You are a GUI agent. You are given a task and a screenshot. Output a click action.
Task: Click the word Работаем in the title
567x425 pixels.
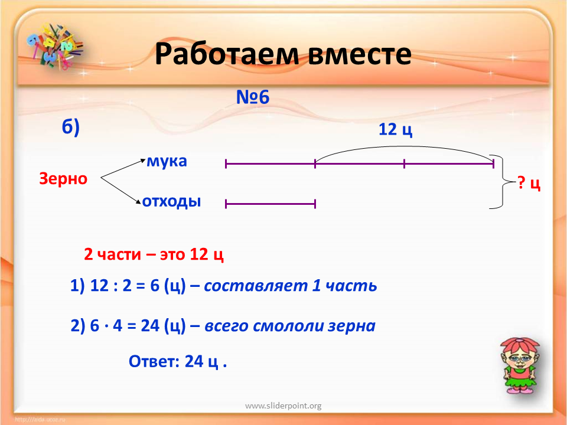227,54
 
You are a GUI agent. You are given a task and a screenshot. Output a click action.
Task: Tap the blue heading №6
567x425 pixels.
253,97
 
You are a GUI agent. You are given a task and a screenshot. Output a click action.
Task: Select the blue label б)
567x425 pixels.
70,127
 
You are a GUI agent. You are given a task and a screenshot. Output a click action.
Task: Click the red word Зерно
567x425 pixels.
63,178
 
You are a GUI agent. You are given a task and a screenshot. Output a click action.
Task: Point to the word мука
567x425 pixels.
167,161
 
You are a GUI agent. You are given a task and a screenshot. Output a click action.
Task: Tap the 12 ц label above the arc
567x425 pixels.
395,129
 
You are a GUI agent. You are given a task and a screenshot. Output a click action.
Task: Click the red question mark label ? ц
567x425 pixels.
529,183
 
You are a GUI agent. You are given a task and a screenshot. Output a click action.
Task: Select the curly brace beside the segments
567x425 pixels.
503,182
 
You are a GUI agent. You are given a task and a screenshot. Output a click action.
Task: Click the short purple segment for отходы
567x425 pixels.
271,204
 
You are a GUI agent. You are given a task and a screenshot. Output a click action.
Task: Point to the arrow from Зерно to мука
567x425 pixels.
123,168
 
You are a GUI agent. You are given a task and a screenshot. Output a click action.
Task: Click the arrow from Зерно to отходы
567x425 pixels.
120,191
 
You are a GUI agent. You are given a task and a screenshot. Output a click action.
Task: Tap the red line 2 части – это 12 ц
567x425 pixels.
154,254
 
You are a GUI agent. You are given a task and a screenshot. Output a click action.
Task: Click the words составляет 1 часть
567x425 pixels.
291,286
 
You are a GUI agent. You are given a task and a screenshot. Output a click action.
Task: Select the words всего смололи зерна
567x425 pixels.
290,326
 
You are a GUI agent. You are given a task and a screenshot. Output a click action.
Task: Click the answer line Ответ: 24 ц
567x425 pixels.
178,361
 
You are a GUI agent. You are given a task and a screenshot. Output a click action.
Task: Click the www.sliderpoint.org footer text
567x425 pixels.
283,406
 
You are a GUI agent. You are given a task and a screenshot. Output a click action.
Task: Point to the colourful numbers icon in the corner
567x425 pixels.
54,46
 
